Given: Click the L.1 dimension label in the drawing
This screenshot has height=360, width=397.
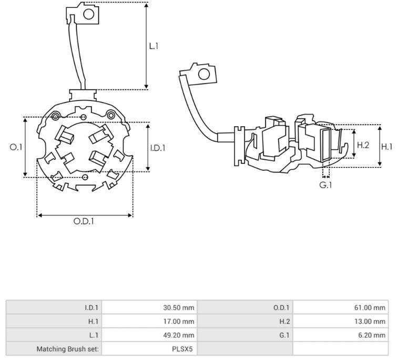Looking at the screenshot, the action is (154, 46).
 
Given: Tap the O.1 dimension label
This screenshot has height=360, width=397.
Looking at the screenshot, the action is (16, 147).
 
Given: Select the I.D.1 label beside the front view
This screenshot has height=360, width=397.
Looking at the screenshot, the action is (157, 148).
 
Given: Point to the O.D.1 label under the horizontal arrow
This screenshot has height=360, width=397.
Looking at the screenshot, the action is (84, 221).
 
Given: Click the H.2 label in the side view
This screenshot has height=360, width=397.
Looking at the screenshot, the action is (363, 145).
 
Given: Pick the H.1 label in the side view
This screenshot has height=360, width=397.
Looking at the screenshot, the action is (387, 147).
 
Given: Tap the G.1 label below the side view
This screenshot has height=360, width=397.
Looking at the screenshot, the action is (325, 185).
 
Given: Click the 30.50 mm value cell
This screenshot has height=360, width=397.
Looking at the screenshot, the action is (179, 307).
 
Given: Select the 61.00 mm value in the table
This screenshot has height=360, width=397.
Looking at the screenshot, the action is (370, 307).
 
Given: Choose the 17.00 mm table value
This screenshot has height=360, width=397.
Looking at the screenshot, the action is (179, 322).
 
